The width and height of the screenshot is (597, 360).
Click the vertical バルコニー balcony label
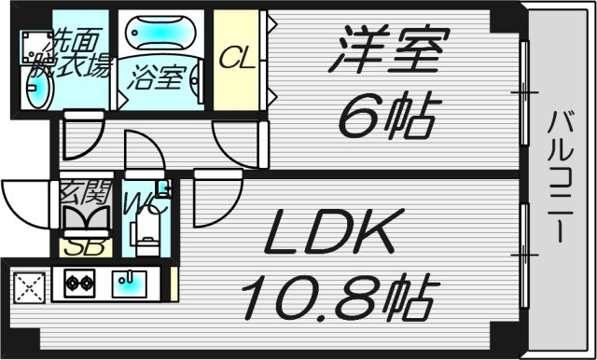click(561, 177)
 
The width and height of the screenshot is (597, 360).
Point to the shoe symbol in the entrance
click(87, 220)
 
